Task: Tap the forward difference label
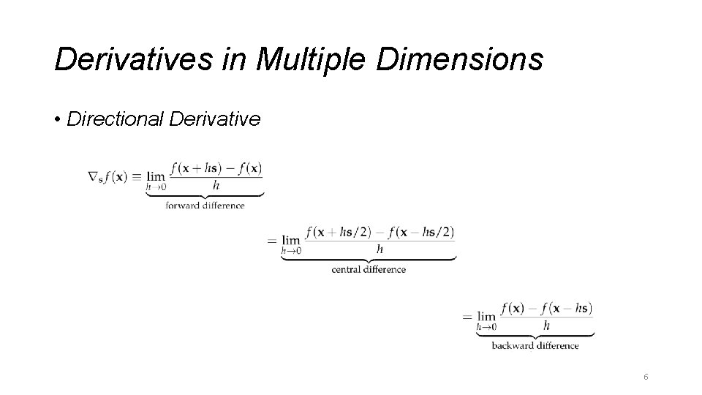205,206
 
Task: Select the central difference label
369,269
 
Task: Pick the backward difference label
535,345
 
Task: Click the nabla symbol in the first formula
92,176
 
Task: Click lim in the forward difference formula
156,176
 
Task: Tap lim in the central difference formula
291,239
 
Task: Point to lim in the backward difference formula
486,315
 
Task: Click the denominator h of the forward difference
216,185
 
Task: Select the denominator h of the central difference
380,249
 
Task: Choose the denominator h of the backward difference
546,325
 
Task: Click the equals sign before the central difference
272,240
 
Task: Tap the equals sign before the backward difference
467,316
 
